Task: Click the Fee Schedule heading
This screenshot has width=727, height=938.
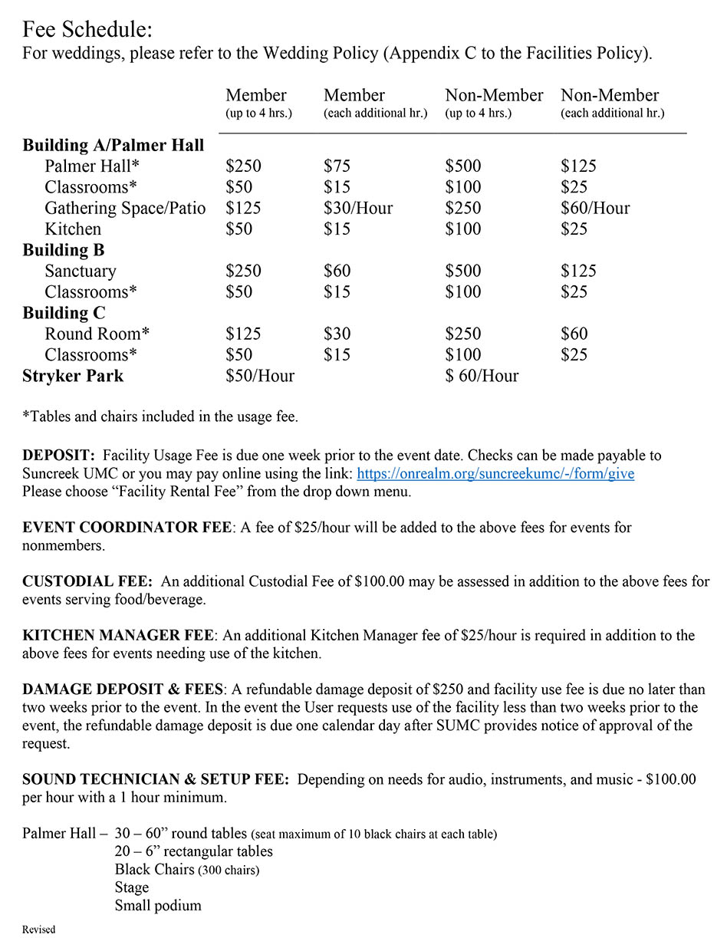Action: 87,31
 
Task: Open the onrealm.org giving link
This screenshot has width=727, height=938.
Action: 495,474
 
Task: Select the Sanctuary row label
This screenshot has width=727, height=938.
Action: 81,271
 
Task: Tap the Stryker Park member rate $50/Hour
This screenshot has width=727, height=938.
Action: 260,376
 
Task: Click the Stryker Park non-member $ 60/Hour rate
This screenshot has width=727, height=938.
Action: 482,376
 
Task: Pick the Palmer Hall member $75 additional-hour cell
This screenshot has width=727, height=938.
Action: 337,166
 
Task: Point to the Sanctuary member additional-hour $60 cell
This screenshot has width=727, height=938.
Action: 337,271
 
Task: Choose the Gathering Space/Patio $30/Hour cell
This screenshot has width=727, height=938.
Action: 358,208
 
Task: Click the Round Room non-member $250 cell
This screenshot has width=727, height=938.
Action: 463,334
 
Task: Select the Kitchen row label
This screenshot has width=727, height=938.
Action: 73,229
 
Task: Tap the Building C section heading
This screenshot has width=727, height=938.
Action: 64,313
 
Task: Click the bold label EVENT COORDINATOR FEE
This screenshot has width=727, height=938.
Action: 127,528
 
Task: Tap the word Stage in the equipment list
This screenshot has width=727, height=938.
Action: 132,887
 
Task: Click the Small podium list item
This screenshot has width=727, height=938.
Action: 158,906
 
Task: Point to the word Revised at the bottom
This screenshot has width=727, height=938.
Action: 38,930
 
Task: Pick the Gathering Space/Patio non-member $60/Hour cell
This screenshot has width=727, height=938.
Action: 595,208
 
